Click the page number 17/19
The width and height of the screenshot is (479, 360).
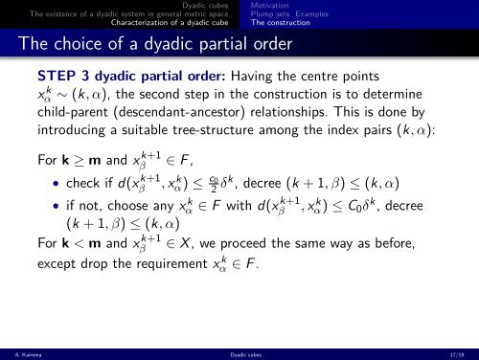pos(461,352)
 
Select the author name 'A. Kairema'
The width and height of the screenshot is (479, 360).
pos(20,352)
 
